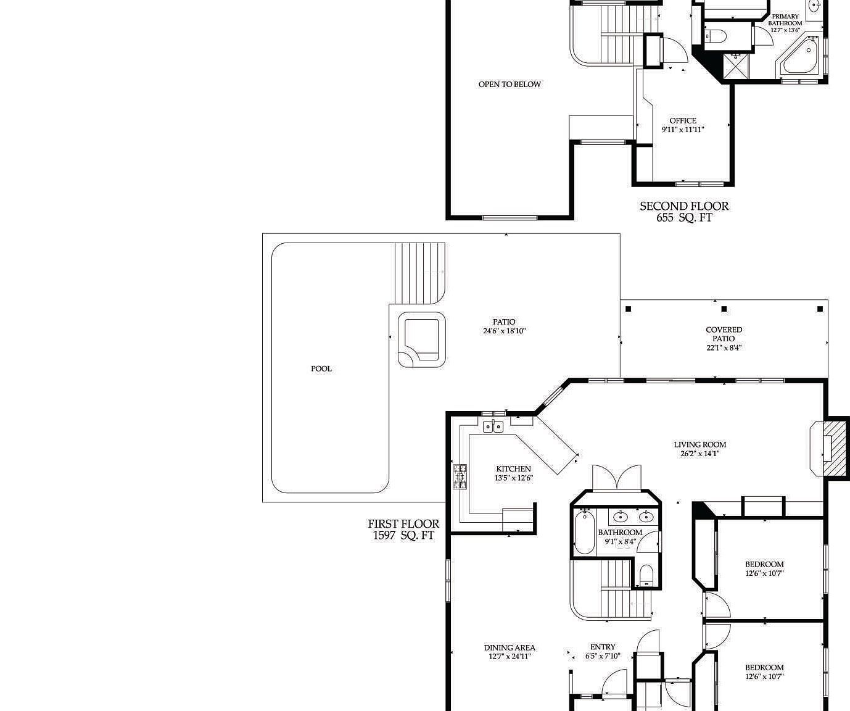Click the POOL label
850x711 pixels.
tap(321, 368)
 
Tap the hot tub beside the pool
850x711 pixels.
tap(422, 340)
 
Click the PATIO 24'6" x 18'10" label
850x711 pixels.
tap(504, 326)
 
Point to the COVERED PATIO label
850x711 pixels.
tap(724, 338)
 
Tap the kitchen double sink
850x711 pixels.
tap(493, 426)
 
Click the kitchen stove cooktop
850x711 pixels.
tap(460, 476)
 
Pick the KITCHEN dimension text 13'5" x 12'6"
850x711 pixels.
tap(513, 478)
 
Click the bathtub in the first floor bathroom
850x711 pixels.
tap(584, 532)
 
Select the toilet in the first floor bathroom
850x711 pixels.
tap(646, 575)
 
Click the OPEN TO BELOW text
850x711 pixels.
tap(510, 85)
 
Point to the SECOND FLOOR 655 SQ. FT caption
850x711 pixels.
tap(684, 212)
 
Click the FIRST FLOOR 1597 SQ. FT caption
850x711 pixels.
tap(403, 530)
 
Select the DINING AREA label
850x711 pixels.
tap(510, 652)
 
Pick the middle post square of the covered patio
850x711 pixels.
tap(724, 309)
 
